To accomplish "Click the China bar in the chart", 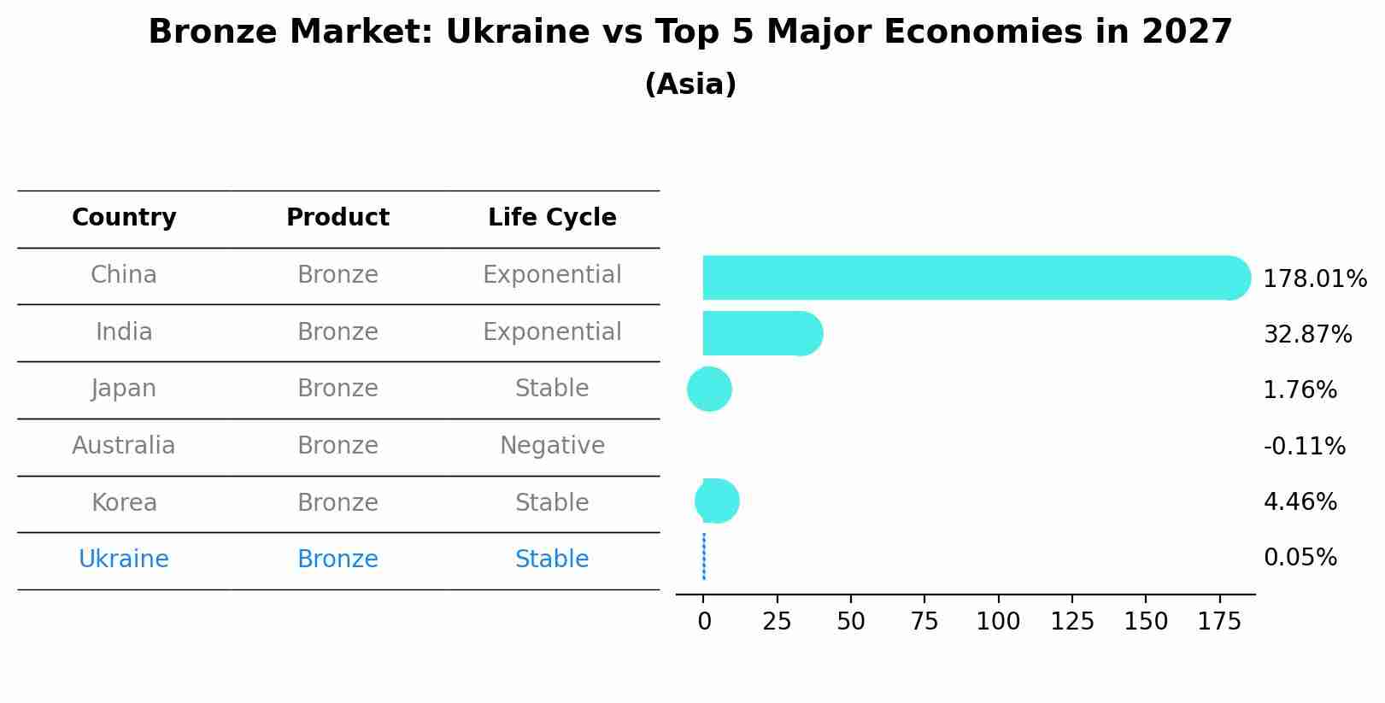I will pos(965,278).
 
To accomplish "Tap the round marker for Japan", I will pos(709,390).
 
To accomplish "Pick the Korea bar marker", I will pos(718,501).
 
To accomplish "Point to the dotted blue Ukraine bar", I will pos(703,557).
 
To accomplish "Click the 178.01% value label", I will pos(1314,279).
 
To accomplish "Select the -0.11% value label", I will pos(1304,446).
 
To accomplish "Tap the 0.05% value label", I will pos(1300,558).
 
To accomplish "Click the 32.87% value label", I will pos(1307,334).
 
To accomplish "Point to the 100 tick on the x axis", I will pos(998,622).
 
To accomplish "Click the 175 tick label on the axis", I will pos(1219,622).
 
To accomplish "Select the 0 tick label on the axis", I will pos(704,622).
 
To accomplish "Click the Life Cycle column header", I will pos(552,218).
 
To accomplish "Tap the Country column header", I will pos(124,218).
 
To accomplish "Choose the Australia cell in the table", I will pos(124,446).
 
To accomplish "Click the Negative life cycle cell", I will pos(552,446).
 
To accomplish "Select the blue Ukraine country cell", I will pos(124,559).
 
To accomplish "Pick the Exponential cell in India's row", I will pos(552,332).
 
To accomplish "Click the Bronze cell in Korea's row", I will pos(337,503).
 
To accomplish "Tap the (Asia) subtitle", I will pos(690,85).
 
